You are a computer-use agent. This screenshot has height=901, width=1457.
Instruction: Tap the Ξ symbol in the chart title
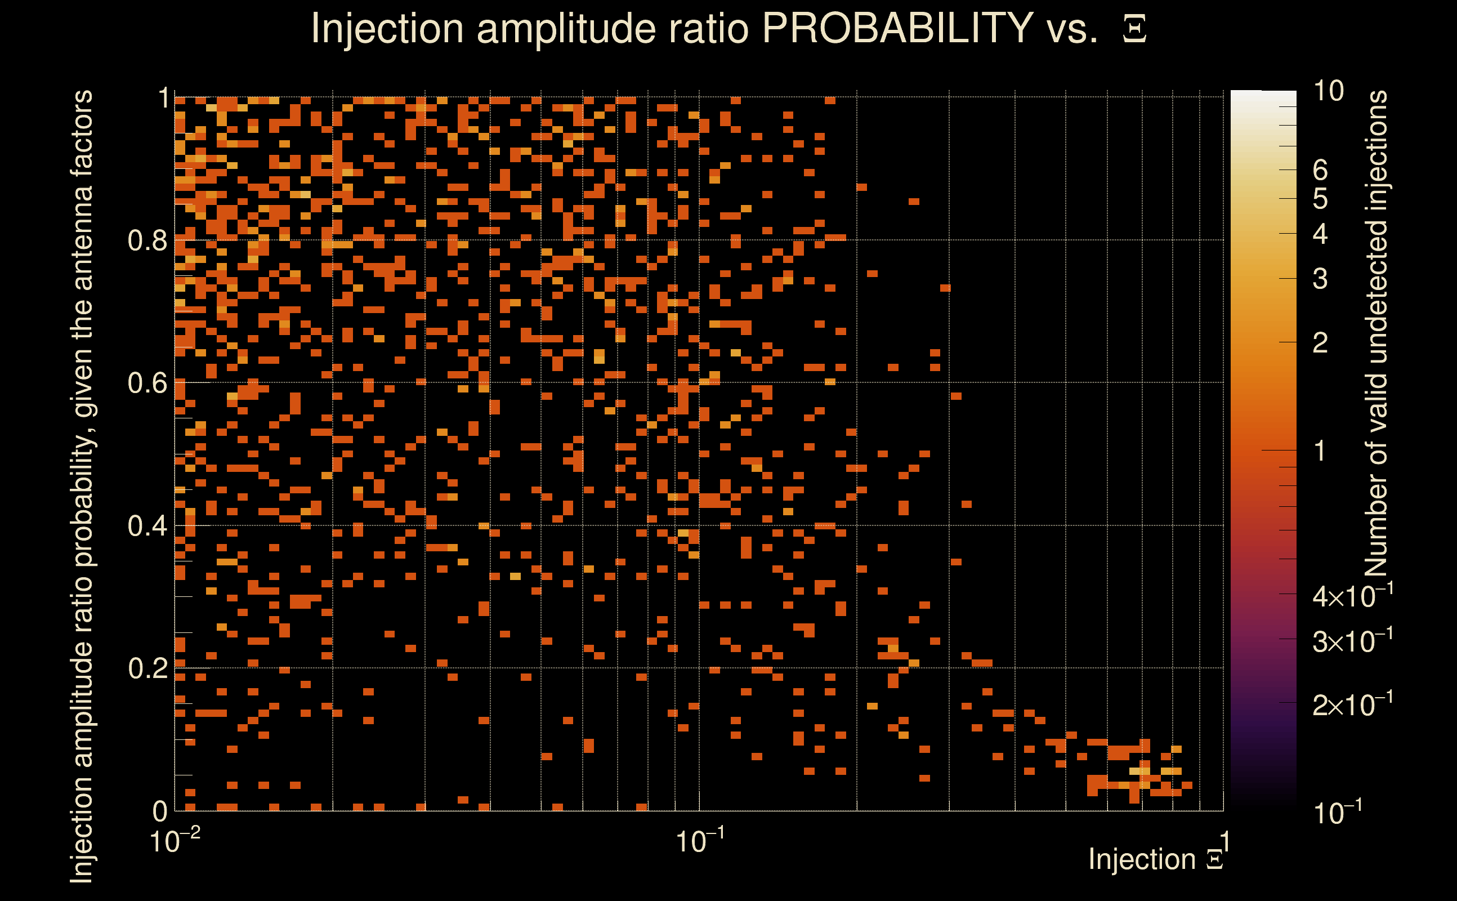tap(1134, 29)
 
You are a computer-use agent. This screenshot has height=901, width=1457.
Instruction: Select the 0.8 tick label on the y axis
tap(147, 241)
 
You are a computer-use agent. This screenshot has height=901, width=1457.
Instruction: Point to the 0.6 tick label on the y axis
tap(147, 383)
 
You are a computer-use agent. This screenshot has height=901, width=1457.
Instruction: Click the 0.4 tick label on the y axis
tap(147, 526)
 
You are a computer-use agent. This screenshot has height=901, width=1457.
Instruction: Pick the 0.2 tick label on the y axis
tap(147, 668)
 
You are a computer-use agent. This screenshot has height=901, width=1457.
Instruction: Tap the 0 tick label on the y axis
tap(160, 811)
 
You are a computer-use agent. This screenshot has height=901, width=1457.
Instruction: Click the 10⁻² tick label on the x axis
tap(174, 841)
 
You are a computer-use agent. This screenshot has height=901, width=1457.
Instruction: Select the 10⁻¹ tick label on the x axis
tap(699, 841)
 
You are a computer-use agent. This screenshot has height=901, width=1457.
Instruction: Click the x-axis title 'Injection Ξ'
tap(1156, 859)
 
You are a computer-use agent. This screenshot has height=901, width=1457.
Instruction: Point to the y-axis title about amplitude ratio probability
tap(82, 485)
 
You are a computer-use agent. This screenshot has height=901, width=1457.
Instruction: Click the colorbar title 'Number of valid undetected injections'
tap(1376, 334)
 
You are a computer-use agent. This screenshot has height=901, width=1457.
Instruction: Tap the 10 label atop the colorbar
tap(1328, 91)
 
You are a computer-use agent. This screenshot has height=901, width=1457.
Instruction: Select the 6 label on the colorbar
tap(1320, 171)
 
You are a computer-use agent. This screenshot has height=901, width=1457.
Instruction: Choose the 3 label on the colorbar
tap(1320, 279)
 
